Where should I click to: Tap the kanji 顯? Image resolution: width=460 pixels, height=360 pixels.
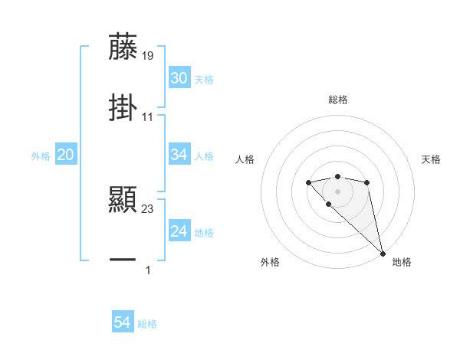[x=123, y=200]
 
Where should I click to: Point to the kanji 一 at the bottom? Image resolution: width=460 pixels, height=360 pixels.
[x=123, y=260]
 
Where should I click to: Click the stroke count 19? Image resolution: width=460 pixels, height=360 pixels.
[x=148, y=55]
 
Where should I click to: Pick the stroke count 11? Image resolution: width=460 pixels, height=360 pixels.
[x=148, y=116]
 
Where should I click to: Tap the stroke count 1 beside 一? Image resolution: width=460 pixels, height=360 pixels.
[x=148, y=270]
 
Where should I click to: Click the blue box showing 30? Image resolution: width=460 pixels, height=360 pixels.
[x=179, y=78]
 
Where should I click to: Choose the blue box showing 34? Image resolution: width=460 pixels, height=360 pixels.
[x=179, y=155]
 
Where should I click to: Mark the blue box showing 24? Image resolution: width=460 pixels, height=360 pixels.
[x=179, y=231]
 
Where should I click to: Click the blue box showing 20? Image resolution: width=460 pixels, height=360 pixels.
[x=65, y=155]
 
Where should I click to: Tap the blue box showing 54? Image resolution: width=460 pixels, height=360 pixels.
[x=122, y=323]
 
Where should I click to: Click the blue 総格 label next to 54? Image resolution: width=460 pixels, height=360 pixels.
[x=147, y=324]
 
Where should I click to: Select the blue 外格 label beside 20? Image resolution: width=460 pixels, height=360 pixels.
[x=41, y=155]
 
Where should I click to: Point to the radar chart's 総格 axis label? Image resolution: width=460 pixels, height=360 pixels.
[x=337, y=100]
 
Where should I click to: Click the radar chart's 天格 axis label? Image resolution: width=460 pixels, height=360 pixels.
[x=431, y=159]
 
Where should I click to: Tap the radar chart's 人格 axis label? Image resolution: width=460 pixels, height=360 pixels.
[x=245, y=159]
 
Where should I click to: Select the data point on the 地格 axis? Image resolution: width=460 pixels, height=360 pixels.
[x=383, y=253]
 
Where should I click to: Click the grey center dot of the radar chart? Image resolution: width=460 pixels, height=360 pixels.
[x=337, y=191]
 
